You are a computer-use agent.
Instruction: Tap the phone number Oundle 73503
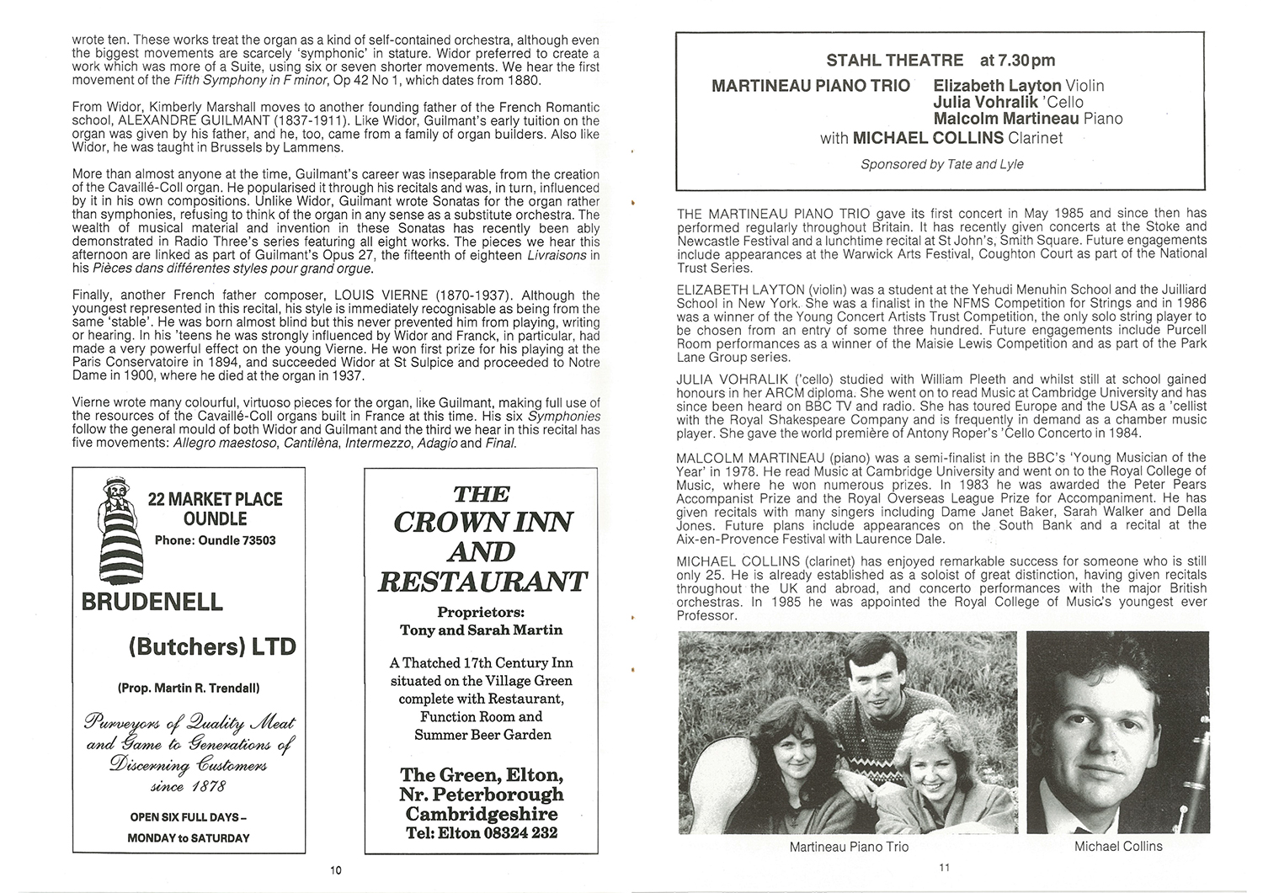pos(216,540)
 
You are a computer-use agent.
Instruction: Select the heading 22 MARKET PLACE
pos(216,499)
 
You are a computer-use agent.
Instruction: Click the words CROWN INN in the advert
pos(483,523)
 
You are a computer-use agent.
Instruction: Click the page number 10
pos(336,870)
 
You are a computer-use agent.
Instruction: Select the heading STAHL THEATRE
pos(894,60)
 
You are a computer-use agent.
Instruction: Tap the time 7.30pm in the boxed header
pos(1017,60)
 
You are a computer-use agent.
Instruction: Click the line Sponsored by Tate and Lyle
pos(941,164)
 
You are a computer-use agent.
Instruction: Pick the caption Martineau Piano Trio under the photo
pos(849,846)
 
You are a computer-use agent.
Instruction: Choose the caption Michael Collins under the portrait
pos(1118,846)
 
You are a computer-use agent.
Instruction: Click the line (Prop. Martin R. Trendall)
pos(188,688)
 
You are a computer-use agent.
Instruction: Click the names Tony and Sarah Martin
pos(482,630)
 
